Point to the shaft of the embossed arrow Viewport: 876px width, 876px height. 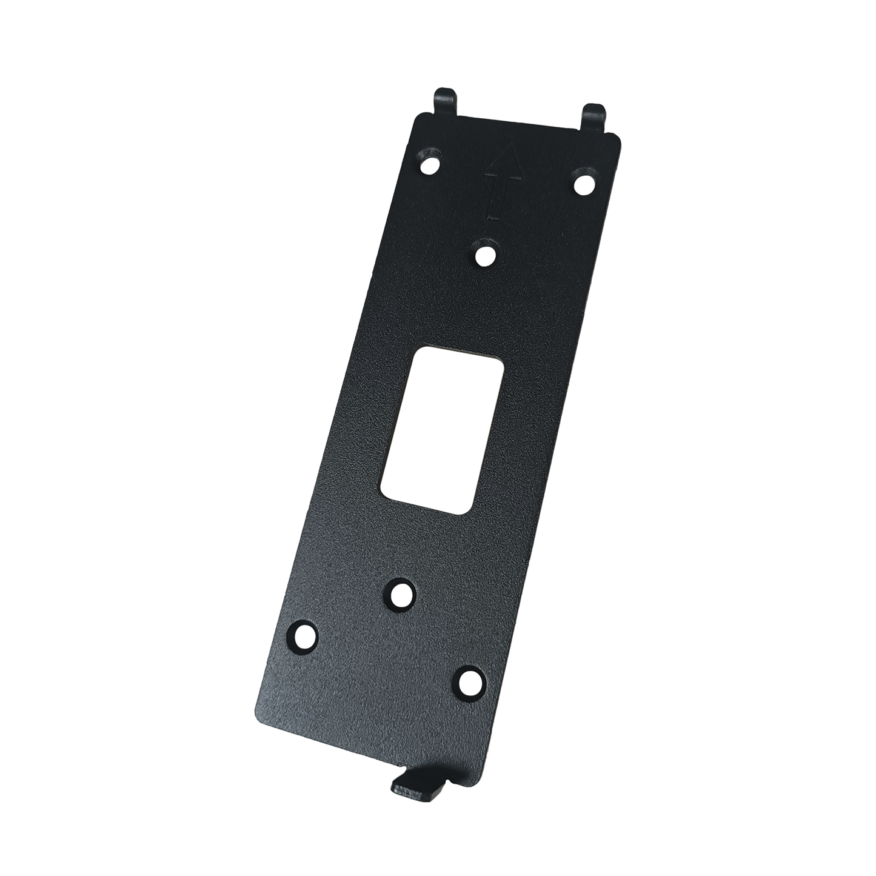(x=499, y=197)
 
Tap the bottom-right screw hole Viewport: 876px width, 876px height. (x=469, y=682)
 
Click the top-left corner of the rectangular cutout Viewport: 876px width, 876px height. (x=414, y=353)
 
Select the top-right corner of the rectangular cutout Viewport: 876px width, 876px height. (x=503, y=366)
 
